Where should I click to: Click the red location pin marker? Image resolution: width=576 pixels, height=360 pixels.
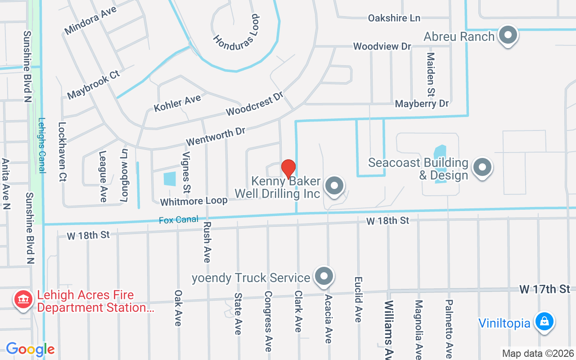point(288,169)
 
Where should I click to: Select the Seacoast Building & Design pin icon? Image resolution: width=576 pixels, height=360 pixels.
point(482,168)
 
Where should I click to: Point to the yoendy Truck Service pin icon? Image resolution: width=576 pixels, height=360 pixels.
point(324,276)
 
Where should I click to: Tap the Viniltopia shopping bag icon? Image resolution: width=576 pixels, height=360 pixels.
point(544,322)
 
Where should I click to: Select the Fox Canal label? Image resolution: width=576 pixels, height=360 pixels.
point(179,220)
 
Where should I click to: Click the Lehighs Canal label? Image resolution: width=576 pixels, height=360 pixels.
point(42,145)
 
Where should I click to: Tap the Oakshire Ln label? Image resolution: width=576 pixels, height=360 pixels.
point(394,18)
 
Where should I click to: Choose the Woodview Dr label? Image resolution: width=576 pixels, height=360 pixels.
point(382,46)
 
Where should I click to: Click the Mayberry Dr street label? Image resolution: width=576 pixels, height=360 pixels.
point(422,103)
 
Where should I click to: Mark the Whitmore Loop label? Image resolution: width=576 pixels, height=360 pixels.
point(193,201)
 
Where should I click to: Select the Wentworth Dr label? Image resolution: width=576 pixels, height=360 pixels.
point(216,136)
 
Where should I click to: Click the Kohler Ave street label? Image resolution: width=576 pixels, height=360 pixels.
point(177,103)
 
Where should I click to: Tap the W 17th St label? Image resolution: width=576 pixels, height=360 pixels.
point(544,289)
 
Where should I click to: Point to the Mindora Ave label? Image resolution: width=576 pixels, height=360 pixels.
point(90,20)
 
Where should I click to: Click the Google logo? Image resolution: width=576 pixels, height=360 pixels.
point(30,349)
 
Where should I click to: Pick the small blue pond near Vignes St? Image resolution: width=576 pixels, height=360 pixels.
point(170,179)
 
